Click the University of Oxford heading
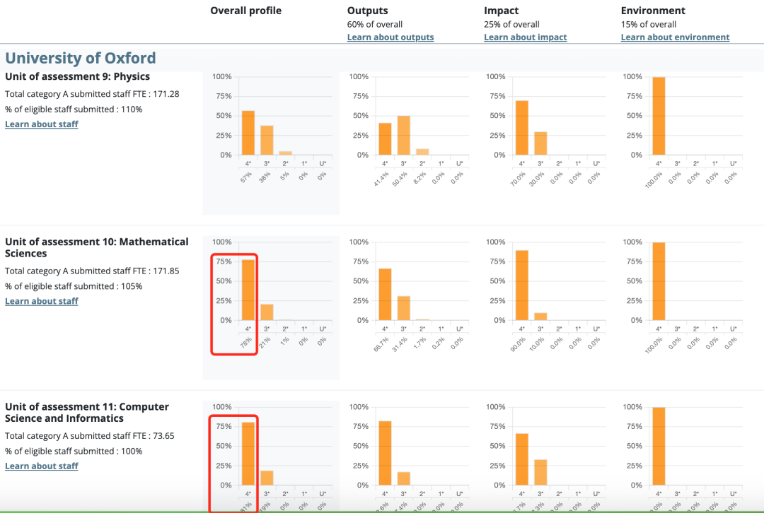(81, 58)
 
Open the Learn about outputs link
(390, 37)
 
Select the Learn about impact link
(525, 37)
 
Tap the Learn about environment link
(675, 37)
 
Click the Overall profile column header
(245, 11)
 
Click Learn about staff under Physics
(42, 124)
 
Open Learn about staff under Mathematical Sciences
(42, 301)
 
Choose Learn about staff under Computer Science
(42, 466)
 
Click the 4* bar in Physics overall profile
(248, 133)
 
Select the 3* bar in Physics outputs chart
(404, 135)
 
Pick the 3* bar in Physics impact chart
(540, 143)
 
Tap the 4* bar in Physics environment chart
(659, 116)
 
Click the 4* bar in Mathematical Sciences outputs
(385, 294)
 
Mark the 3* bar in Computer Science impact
(540, 472)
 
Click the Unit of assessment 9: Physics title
(77, 76)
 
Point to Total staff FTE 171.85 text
(92, 271)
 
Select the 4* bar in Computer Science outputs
(385, 453)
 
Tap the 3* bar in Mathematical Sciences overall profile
(267, 312)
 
